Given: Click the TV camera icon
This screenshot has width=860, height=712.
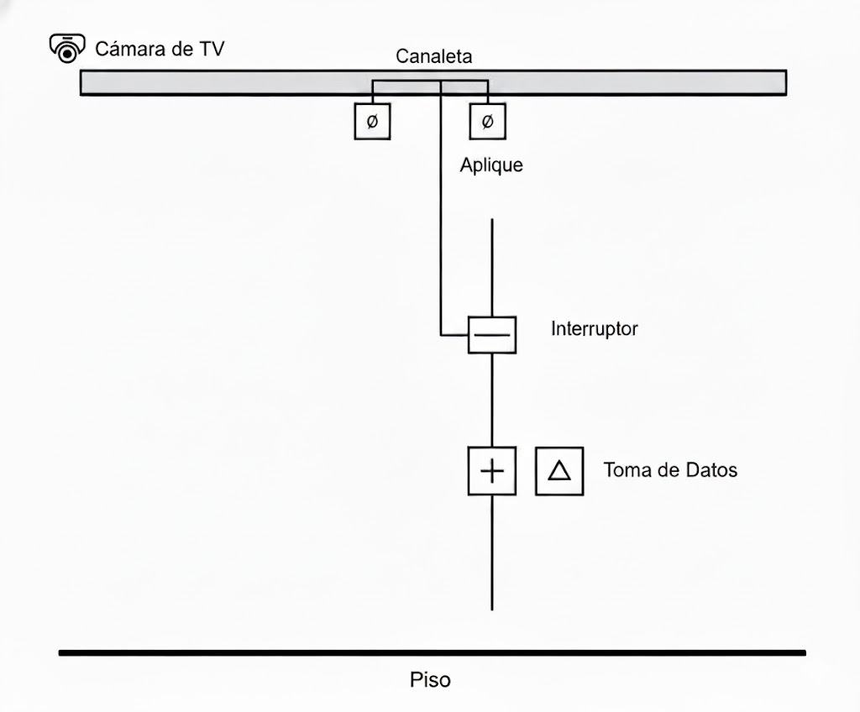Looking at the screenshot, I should coord(67,48).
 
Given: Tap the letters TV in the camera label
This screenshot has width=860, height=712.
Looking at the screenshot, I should coord(211,49).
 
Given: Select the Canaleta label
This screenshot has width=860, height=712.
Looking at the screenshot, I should coord(433,57).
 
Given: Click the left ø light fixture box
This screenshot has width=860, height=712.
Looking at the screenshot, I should coord(372,122).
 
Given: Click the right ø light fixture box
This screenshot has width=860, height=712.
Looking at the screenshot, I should coord(487,122).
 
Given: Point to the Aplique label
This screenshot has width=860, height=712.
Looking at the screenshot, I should coord(491,165).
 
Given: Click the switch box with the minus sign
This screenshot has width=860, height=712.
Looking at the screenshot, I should coord(491,335).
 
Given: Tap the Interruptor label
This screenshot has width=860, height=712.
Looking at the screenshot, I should coord(594,328).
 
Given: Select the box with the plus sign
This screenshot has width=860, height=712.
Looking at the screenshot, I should coord(491,471).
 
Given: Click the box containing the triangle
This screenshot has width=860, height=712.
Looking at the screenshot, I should coord(559,471).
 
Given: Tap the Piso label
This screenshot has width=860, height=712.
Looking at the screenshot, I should coord(430,679).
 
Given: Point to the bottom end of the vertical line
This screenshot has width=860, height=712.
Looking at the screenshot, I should coord(491,608).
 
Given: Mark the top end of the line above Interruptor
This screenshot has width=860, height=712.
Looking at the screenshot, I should coord(491,220).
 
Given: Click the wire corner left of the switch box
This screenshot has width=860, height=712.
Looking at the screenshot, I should coord(442,335).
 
